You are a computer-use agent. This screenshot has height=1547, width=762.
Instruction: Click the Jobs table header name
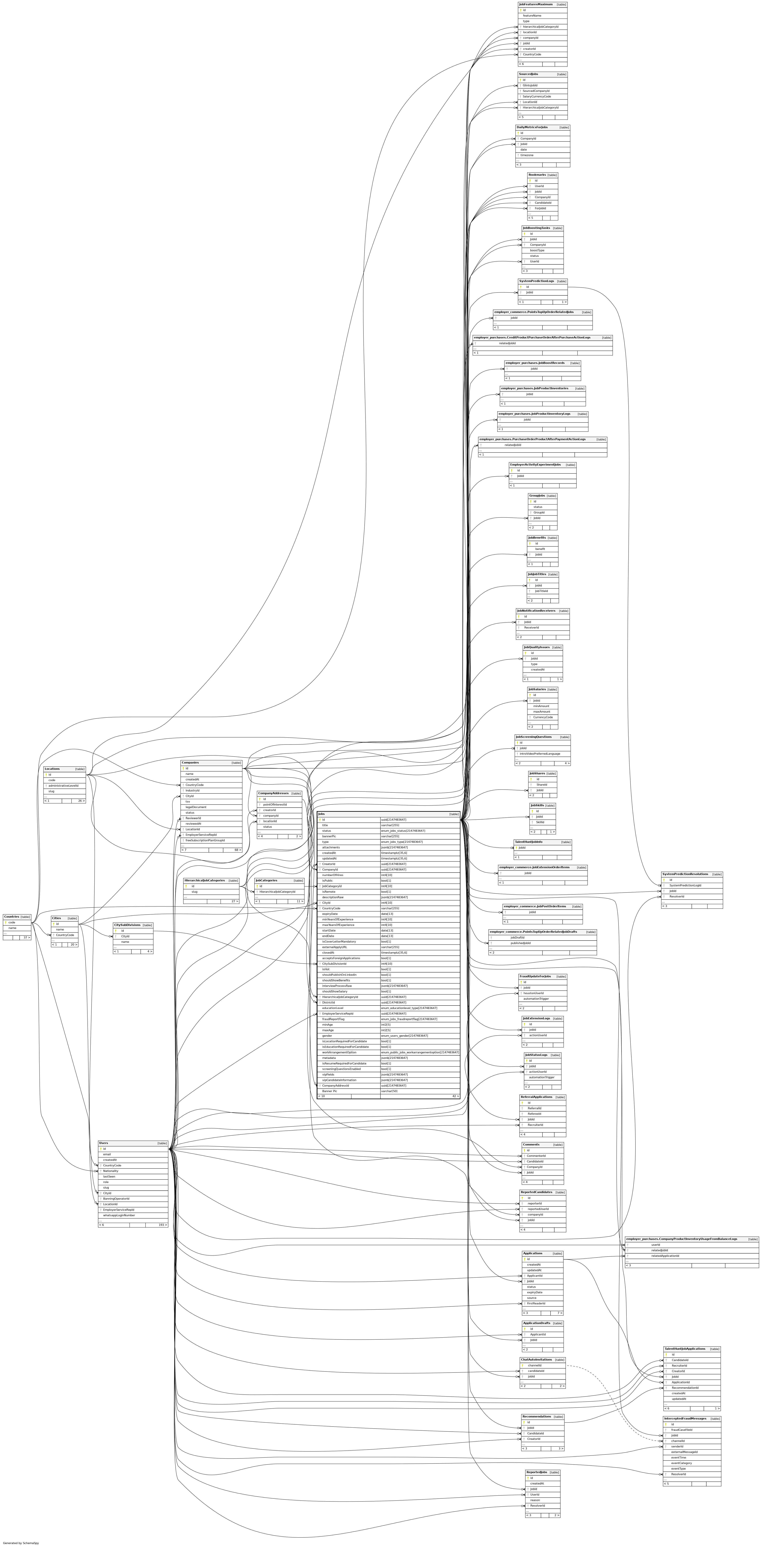322,814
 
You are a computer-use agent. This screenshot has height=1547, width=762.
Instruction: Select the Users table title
104,1143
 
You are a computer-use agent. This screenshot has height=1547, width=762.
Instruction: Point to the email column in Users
107,1154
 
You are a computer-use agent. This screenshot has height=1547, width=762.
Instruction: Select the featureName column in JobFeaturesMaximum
532,16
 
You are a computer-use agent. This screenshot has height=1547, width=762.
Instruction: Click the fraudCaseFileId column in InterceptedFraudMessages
682,1430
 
